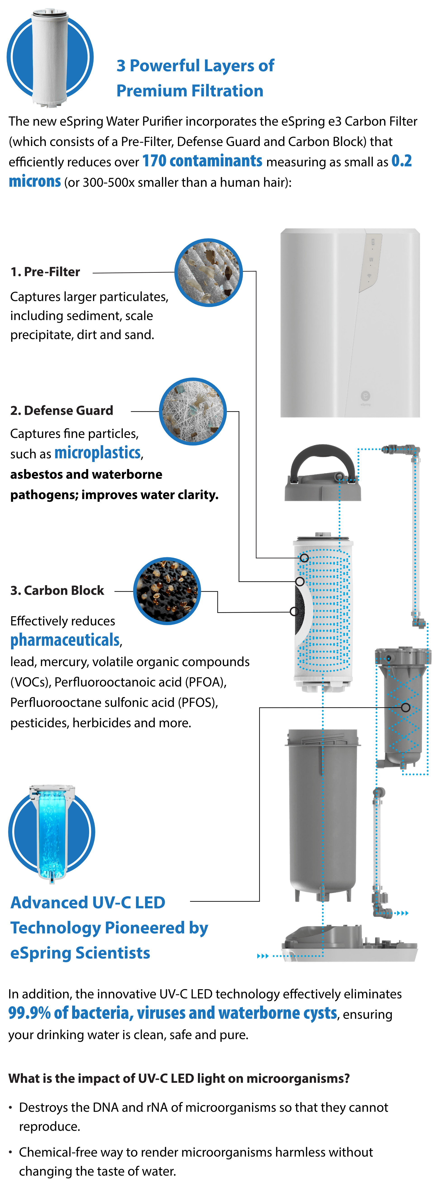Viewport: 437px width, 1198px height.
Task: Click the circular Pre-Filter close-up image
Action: (x=209, y=273)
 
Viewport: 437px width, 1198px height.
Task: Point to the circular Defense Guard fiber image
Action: (x=192, y=411)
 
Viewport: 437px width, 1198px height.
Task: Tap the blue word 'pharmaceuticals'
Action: (x=65, y=640)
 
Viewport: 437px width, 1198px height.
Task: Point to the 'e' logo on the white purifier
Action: (x=365, y=396)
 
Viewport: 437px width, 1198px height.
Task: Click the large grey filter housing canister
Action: (x=323, y=814)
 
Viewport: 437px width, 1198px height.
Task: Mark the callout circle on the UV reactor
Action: (x=405, y=707)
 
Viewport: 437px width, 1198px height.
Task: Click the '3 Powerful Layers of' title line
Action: (x=195, y=66)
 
